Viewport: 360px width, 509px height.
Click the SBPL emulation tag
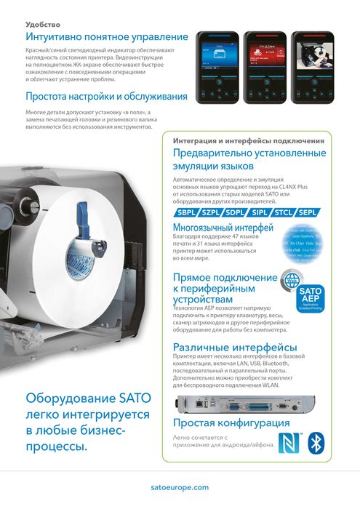187,212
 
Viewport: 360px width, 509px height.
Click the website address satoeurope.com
180,488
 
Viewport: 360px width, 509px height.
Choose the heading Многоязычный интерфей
223,228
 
